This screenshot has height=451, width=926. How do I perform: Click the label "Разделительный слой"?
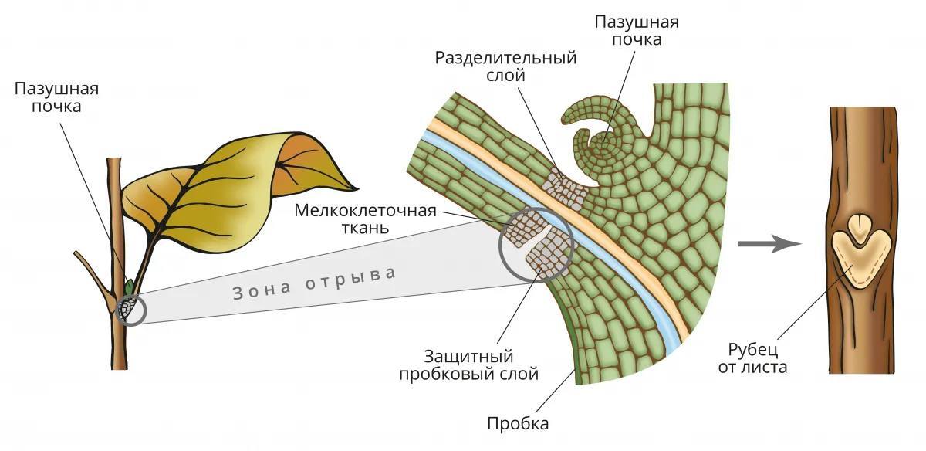pos(505,66)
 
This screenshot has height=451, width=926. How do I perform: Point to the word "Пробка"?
pos(518,423)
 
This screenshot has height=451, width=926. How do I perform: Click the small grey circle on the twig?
pos(130,310)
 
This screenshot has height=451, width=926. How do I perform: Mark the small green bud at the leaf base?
pos(130,287)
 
